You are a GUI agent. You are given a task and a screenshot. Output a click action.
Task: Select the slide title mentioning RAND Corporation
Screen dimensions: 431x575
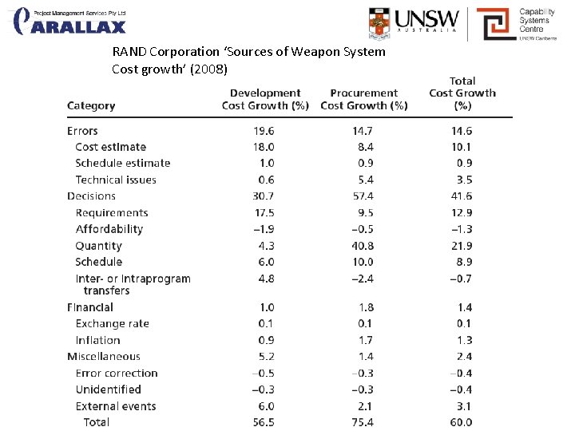click(248, 61)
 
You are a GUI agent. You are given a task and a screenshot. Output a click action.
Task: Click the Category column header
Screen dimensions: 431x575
click(91, 105)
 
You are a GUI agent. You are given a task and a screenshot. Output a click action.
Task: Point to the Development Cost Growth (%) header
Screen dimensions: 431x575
click(265, 99)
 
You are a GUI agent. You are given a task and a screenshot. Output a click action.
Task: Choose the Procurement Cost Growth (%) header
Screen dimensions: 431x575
click(364, 99)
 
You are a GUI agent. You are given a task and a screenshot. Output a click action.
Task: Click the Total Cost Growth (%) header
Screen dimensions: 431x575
click(462, 93)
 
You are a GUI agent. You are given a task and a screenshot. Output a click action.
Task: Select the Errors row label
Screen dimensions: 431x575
click(82, 131)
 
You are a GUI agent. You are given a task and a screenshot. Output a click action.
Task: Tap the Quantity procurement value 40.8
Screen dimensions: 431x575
click(363, 246)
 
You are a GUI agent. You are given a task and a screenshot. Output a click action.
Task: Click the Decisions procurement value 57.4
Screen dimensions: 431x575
click(363, 196)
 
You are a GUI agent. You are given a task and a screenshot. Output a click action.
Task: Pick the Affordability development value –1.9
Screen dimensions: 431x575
click(264, 229)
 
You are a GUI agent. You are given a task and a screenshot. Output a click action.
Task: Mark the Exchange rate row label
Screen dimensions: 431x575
click(112, 323)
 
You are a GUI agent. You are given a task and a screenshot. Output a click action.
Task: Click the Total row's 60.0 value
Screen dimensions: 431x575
click(461, 422)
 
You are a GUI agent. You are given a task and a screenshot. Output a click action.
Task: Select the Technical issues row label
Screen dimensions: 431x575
click(116, 180)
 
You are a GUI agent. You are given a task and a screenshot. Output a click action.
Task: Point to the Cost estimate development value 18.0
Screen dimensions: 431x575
click(264, 147)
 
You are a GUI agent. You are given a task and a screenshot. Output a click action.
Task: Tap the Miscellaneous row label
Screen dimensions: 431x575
click(103, 357)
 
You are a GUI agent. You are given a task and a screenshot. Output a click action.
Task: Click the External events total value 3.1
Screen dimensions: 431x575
click(464, 406)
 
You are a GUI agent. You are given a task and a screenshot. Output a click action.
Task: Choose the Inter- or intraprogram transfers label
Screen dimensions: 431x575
click(133, 284)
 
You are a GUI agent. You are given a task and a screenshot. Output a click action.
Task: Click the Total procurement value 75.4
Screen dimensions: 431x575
click(363, 422)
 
